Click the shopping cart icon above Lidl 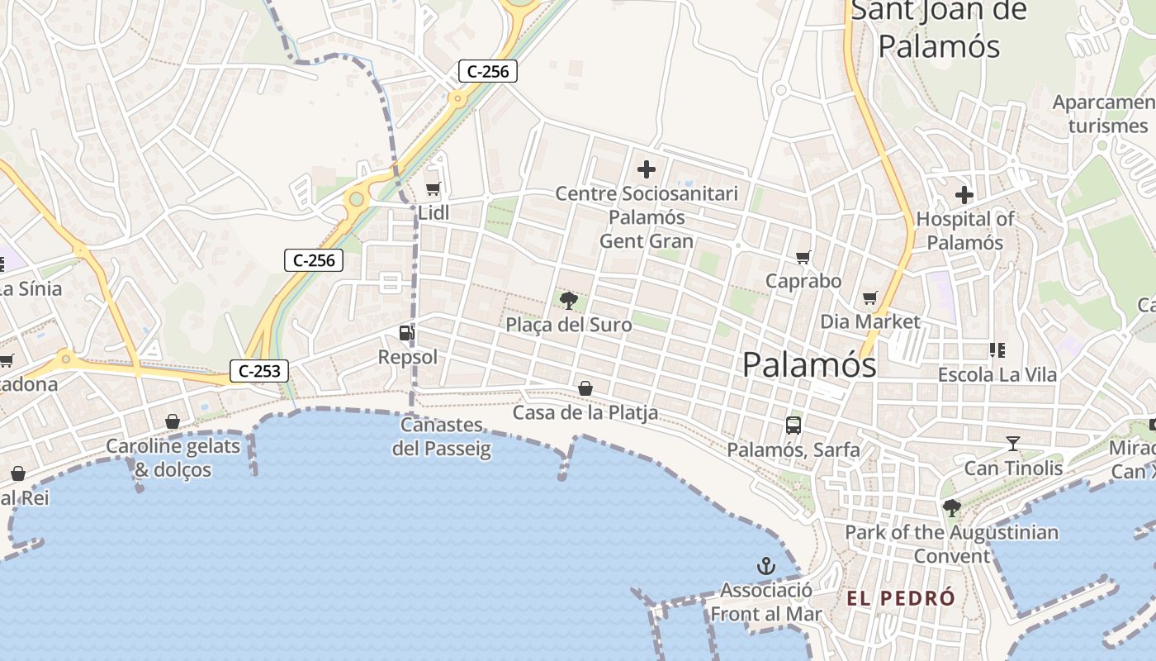pos(433,188)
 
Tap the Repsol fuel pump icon pos(406,333)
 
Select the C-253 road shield pos(259,371)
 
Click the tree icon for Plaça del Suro pos(568,301)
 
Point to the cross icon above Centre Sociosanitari pos(647,170)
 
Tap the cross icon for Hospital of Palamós pos(964,195)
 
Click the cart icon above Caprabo pos(803,258)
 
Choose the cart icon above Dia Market pos(869,297)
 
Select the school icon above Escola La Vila pos(997,350)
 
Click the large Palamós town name pos(809,364)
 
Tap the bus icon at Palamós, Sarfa pos(794,426)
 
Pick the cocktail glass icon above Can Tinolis pos(1013,444)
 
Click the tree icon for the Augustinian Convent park pos(952,508)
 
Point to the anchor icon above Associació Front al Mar pos(766,566)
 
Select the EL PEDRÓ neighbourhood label pos(901,598)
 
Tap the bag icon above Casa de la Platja pos(585,388)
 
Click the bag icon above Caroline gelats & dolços pos(173,422)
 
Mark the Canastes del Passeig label pos(442,437)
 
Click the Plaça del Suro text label pos(569,325)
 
